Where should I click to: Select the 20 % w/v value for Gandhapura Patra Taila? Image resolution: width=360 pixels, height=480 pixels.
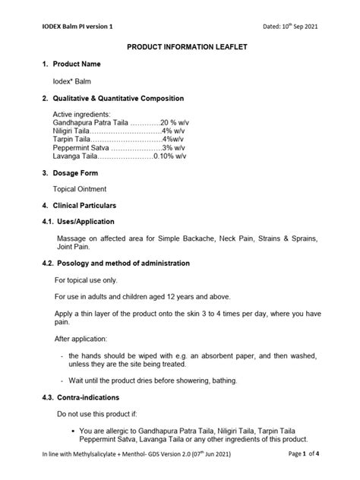click(x=175, y=122)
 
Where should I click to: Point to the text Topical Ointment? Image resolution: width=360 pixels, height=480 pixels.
click(x=80, y=189)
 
